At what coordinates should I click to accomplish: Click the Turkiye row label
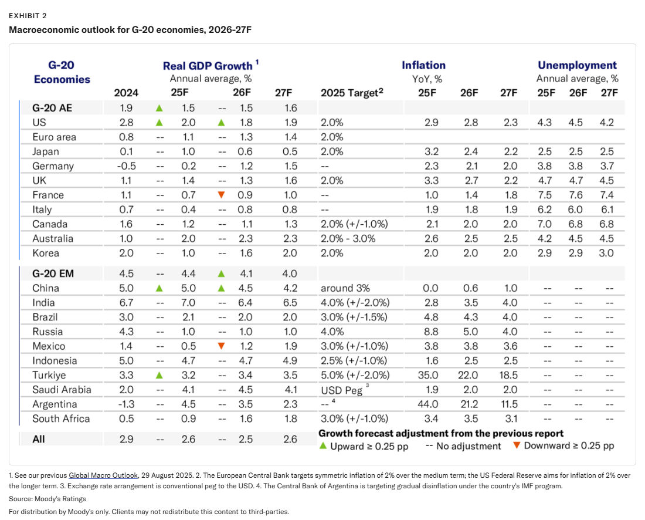[49, 375]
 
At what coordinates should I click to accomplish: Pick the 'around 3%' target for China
[345, 288]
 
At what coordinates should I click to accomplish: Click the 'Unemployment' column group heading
[577, 65]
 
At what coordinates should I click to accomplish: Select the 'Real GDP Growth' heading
[208, 66]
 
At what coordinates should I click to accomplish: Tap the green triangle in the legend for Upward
[323, 445]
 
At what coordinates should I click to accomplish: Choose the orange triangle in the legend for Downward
[516, 445]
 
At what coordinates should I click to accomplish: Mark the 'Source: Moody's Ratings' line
[47, 499]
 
